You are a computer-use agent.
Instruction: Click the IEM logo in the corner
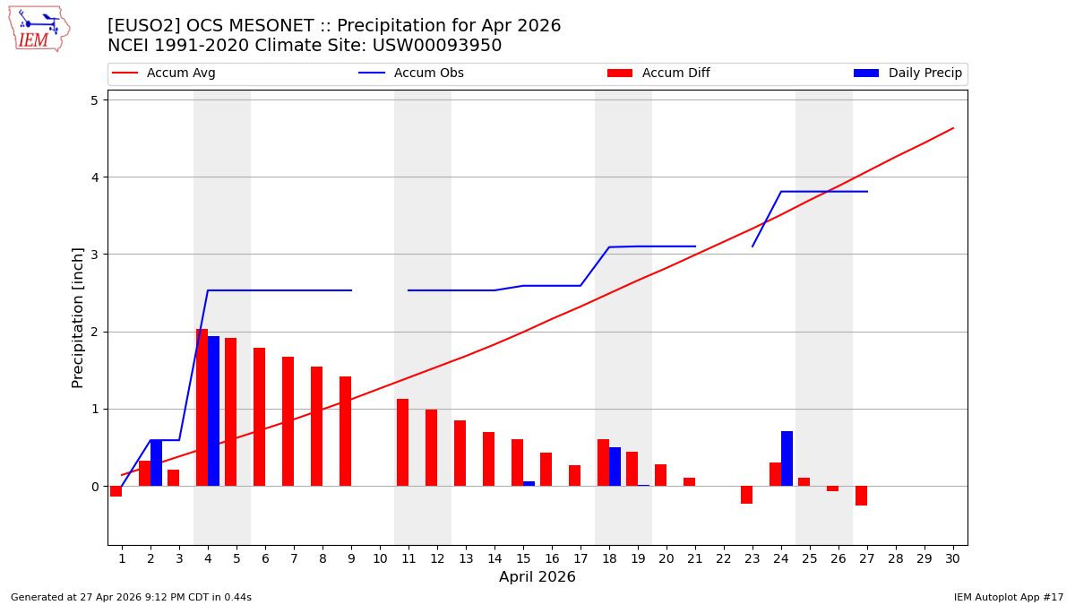(39, 29)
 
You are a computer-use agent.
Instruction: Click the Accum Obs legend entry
(411, 73)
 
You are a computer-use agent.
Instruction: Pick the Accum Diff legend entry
(658, 73)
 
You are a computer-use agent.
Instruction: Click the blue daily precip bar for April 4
(213, 411)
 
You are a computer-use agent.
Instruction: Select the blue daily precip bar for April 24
(787, 459)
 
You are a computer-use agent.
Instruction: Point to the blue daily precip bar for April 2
(156, 463)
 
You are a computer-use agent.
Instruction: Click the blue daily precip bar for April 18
(615, 467)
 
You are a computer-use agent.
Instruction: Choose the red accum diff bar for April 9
(345, 431)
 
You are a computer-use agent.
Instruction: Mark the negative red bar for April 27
(861, 496)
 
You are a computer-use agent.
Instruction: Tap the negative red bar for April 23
(746, 495)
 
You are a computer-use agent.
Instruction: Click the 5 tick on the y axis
(93, 100)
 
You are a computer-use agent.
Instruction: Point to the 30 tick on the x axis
(952, 558)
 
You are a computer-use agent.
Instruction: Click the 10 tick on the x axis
(379, 558)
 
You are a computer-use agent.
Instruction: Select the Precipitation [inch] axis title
(78, 317)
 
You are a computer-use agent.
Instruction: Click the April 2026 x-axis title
(537, 577)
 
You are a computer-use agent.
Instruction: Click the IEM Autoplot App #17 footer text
(1008, 597)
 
